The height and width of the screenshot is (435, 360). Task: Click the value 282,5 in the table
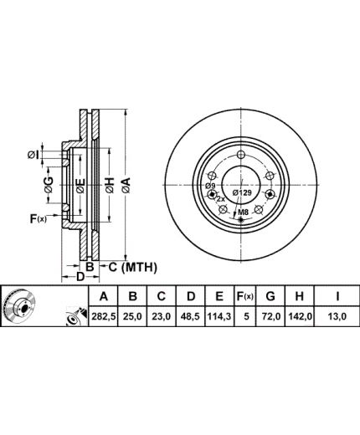pyautogui.click(x=104, y=317)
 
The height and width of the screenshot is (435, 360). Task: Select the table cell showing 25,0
pyautogui.click(x=133, y=317)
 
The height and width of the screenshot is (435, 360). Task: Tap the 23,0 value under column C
pyautogui.click(x=162, y=317)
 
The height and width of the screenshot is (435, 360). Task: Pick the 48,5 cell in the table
pyautogui.click(x=190, y=317)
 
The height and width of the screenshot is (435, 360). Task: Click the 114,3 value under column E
pyautogui.click(x=219, y=317)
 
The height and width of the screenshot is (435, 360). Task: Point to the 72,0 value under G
pyautogui.click(x=270, y=317)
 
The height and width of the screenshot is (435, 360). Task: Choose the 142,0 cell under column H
pyautogui.click(x=300, y=317)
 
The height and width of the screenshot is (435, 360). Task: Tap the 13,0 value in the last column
pyautogui.click(x=337, y=317)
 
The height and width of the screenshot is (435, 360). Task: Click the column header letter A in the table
pyautogui.click(x=104, y=296)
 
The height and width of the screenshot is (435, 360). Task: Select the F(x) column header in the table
pyautogui.click(x=245, y=296)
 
